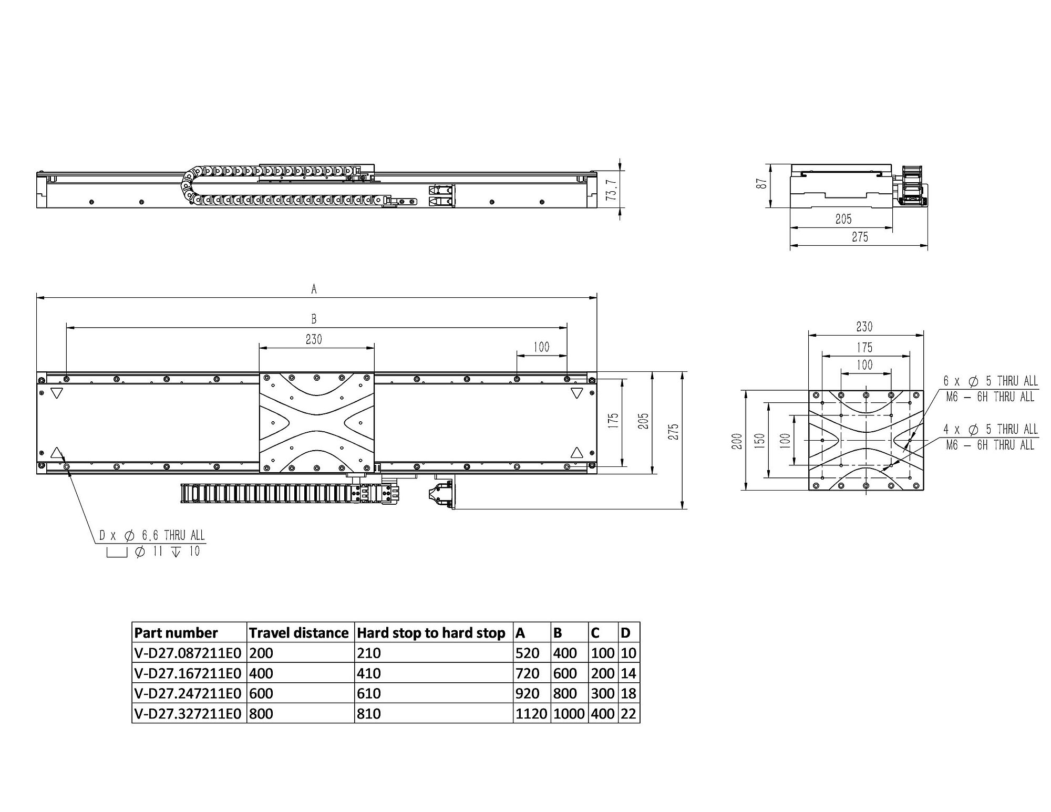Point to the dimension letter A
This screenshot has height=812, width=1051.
coord(314,288)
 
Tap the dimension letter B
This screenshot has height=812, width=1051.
coord(314,319)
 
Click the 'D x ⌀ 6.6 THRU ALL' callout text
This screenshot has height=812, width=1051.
coord(152,536)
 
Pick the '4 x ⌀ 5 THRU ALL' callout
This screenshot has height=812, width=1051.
coord(991,430)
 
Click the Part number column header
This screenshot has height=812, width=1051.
coord(176,632)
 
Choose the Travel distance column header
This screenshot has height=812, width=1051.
coord(299,632)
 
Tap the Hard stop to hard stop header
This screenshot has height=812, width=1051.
coord(431,633)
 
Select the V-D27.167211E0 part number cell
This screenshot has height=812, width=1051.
coord(188,673)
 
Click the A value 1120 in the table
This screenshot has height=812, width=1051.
coord(532,714)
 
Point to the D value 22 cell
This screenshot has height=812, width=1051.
coord(628,714)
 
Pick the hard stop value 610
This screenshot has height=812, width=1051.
coord(369,693)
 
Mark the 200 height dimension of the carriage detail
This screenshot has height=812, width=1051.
coord(737,441)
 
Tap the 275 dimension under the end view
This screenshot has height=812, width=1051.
coord(860,237)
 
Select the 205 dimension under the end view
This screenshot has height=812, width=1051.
coord(843,219)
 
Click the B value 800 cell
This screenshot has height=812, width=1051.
coord(565,693)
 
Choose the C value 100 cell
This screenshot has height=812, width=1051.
coord(602,653)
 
